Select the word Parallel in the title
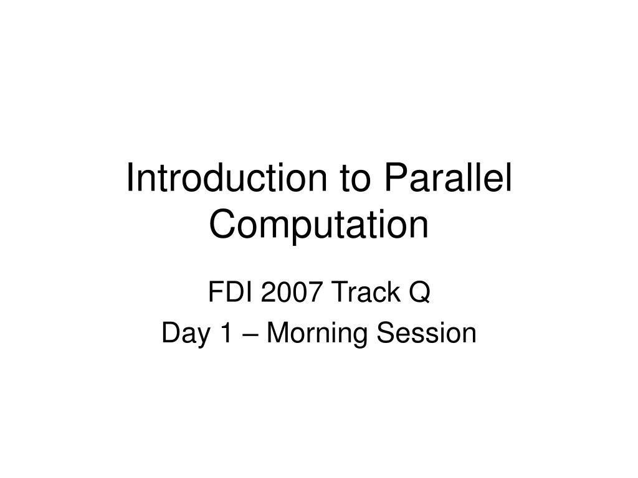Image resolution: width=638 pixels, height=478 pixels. [x=447, y=179]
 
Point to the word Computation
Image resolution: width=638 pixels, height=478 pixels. [x=319, y=225]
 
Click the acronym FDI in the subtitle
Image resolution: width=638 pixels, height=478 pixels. [x=226, y=292]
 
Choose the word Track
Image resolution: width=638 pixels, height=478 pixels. [x=355, y=292]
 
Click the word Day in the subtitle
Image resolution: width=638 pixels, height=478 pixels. [x=181, y=334]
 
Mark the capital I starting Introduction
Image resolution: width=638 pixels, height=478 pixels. [x=130, y=179]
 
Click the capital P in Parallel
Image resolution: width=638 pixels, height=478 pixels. [x=393, y=179]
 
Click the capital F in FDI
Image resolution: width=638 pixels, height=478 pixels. [x=214, y=292]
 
